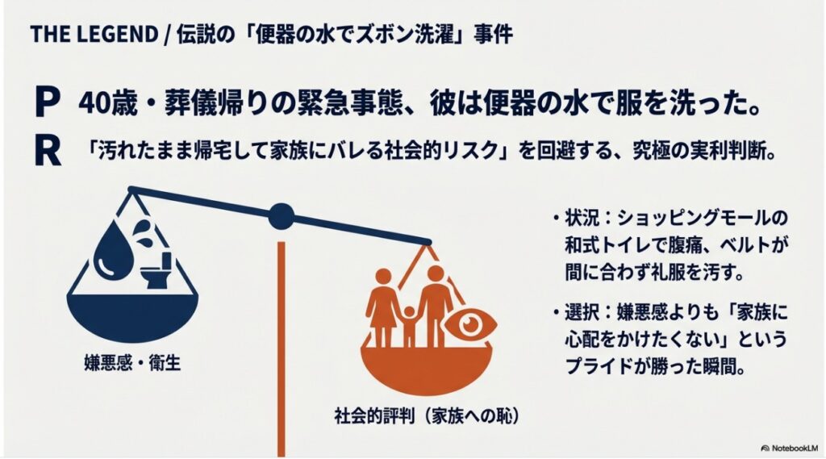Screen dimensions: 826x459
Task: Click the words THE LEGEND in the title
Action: (94, 35)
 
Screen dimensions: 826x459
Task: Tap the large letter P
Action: (46, 102)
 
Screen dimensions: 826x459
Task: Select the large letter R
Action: (48, 151)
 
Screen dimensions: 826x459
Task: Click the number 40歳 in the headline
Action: (108, 103)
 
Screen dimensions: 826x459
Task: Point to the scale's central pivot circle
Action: (282, 216)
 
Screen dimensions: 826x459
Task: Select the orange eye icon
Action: (469, 324)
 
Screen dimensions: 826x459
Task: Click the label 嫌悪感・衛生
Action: (132, 363)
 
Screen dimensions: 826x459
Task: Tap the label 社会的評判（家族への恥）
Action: (428, 416)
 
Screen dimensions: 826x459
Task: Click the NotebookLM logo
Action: (790, 448)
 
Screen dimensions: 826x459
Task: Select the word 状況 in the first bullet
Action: (582, 218)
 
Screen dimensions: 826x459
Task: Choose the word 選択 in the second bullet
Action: (582, 312)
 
